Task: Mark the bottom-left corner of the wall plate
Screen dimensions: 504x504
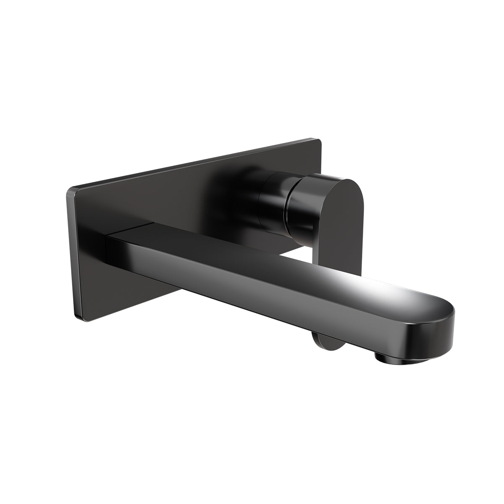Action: (76, 317)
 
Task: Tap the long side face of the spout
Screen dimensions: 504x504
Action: (252, 294)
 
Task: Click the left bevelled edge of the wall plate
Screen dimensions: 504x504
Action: (71, 252)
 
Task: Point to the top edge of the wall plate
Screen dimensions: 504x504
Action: (189, 164)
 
